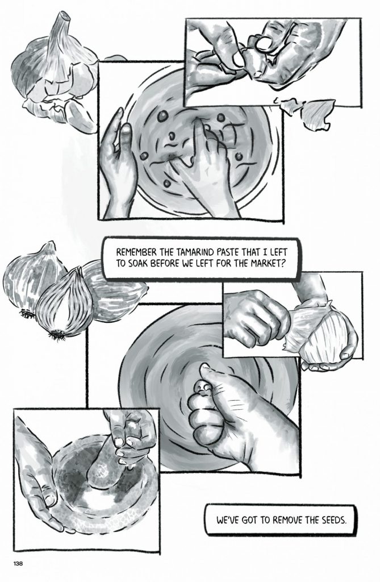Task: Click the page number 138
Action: pyautogui.click(x=18, y=563)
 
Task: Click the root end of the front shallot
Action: pyautogui.click(x=56, y=334)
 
